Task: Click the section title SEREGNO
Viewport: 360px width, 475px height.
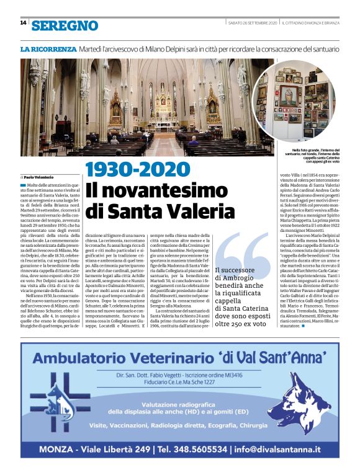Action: (x=65, y=25)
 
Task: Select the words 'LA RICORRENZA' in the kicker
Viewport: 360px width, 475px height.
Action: (x=48, y=48)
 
